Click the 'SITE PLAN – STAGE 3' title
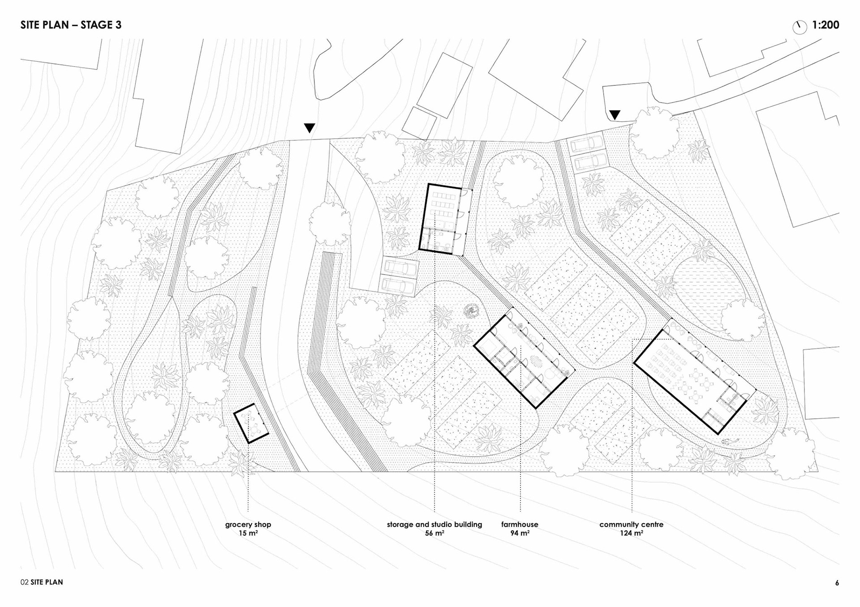tap(71, 25)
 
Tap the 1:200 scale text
tap(826, 25)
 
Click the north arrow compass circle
tap(800, 27)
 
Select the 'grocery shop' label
tap(248, 525)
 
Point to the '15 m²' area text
tap(248, 533)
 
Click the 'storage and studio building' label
tap(434, 524)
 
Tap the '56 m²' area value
tap(434, 533)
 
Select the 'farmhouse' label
tap(520, 524)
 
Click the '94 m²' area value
tap(520, 533)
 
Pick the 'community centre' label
tap(631, 524)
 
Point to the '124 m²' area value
tap(632, 533)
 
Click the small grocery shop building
tap(251, 423)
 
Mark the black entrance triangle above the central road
tap(310, 128)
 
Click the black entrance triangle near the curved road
tap(615, 115)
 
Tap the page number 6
tap(837, 583)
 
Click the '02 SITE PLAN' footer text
tap(42, 582)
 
